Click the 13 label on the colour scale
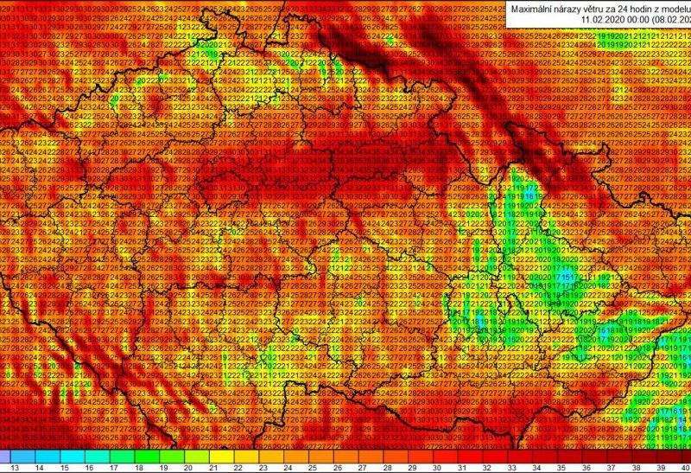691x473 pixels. (x=12, y=467)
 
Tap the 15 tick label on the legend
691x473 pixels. (x=64, y=467)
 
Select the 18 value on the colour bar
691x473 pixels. (x=138, y=467)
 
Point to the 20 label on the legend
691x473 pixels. (x=188, y=467)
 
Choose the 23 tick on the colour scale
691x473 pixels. (x=263, y=467)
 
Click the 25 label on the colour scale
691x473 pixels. (x=313, y=467)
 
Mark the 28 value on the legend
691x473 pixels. (x=388, y=467)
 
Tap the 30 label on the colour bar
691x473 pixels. (x=437, y=467)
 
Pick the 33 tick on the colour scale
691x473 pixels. (x=512, y=467)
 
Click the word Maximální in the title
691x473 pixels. (x=534, y=9)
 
